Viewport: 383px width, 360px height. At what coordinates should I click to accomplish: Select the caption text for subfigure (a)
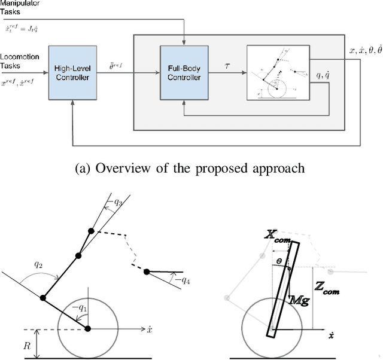point(191,168)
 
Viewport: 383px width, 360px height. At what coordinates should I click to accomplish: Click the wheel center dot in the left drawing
point(88,329)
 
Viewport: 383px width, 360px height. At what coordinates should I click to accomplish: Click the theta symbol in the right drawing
point(278,261)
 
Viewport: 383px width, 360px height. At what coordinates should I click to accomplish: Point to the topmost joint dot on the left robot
point(91,231)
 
